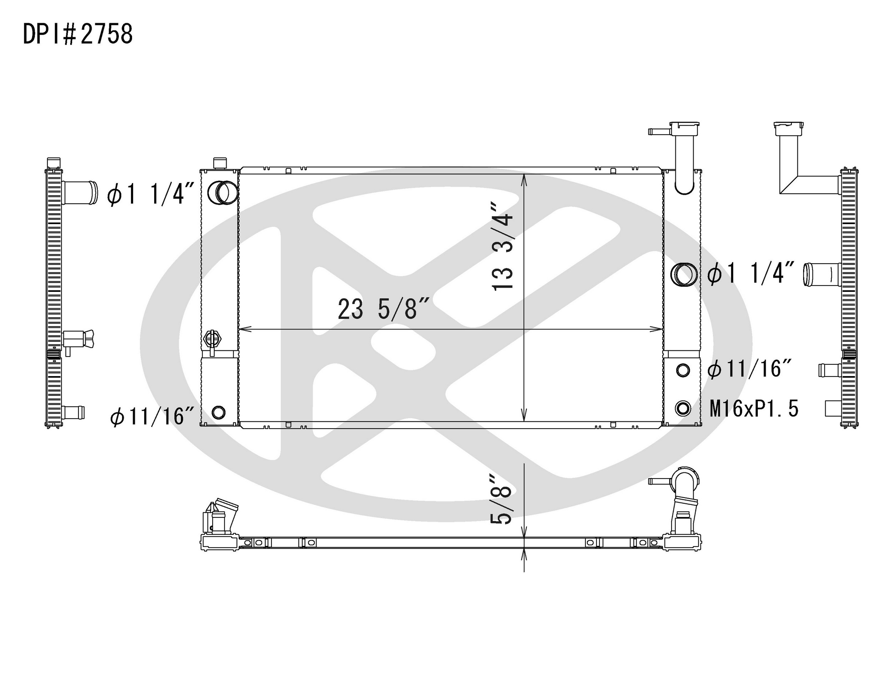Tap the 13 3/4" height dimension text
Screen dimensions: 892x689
coord(502,245)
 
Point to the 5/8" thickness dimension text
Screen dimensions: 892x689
coord(501,500)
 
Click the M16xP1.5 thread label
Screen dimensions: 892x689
coord(754,409)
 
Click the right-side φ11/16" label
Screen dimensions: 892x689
coord(750,369)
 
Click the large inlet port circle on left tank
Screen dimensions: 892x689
coord(223,192)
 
